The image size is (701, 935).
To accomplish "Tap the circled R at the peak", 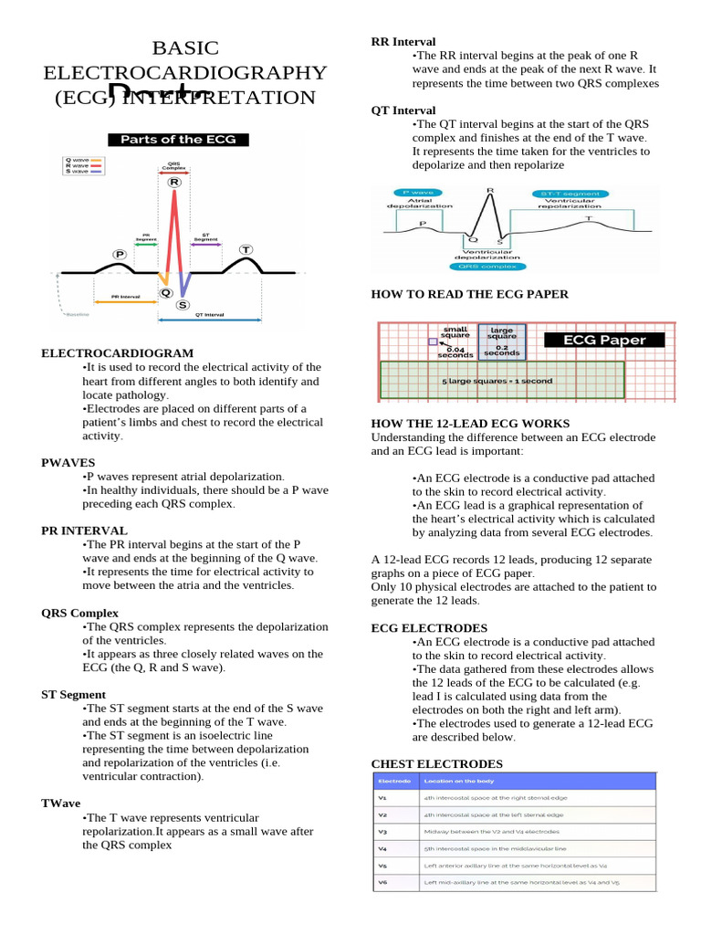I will tap(173, 183).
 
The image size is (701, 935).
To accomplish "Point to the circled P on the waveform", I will tap(120, 254).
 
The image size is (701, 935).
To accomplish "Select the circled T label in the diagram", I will tap(246, 249).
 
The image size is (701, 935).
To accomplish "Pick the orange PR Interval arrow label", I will tap(124, 297).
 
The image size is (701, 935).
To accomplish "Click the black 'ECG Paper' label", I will tap(603, 340).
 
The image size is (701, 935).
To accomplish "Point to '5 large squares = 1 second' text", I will tap(497, 381).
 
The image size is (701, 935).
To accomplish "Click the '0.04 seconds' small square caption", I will tap(455, 351).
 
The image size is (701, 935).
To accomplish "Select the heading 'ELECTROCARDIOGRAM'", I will tap(117, 352).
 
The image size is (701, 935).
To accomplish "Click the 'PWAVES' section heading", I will tap(68, 463).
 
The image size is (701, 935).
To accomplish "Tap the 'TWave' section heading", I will tap(61, 803).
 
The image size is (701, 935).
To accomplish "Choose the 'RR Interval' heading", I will tap(403, 42).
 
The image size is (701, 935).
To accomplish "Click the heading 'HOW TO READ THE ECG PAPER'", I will tap(469, 294).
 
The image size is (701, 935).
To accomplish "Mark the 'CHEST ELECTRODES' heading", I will tap(436, 763).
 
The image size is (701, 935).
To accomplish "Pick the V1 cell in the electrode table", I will tap(383, 797).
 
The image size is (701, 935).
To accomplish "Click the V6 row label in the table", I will tap(383, 882).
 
